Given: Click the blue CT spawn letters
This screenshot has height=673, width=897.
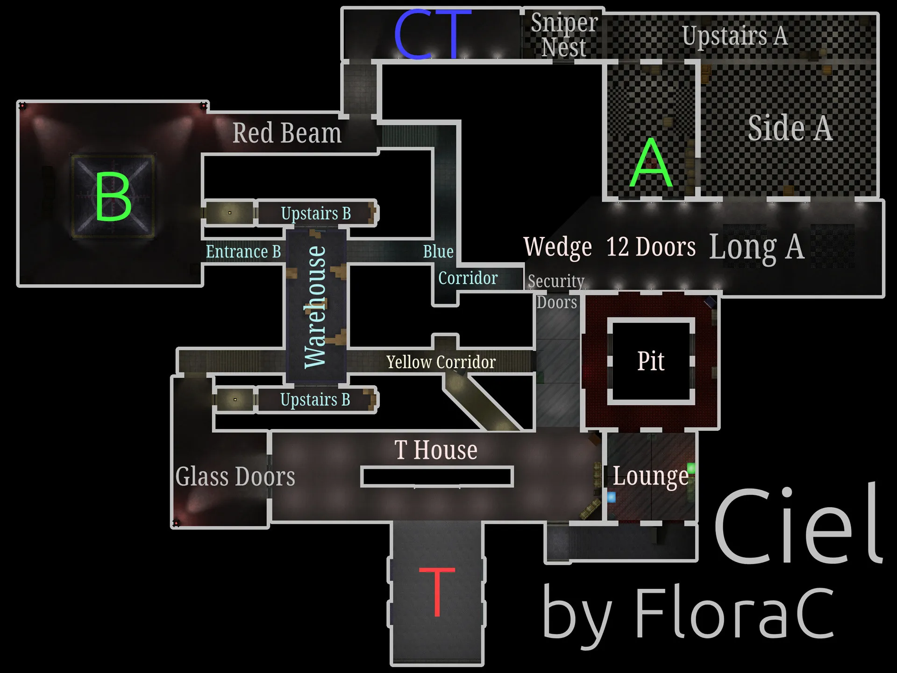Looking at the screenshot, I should tap(432, 35).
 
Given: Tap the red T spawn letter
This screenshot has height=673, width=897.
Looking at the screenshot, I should tap(437, 591).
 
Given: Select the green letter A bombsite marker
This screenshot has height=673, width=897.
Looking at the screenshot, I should tap(651, 164).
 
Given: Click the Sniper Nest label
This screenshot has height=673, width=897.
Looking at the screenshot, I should tap(564, 35).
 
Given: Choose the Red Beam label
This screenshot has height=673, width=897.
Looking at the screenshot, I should tap(287, 133).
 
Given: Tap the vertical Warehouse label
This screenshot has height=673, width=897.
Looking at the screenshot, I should tap(315, 307).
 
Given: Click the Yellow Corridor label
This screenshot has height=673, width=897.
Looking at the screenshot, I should tap(441, 362).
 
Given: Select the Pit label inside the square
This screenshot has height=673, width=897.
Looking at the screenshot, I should tap(651, 361).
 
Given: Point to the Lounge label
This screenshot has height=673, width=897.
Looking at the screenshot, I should tap(650, 476).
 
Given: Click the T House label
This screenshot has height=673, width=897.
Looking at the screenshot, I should tap(436, 450).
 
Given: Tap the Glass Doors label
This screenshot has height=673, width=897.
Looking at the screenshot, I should tap(235, 477).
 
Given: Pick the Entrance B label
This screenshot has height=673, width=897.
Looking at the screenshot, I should tap(243, 251).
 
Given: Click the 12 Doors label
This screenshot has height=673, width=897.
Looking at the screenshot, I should tap(651, 247).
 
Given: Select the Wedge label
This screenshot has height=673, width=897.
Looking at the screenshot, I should tap(557, 247).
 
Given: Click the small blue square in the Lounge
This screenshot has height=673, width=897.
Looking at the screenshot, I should tap(611, 497).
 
